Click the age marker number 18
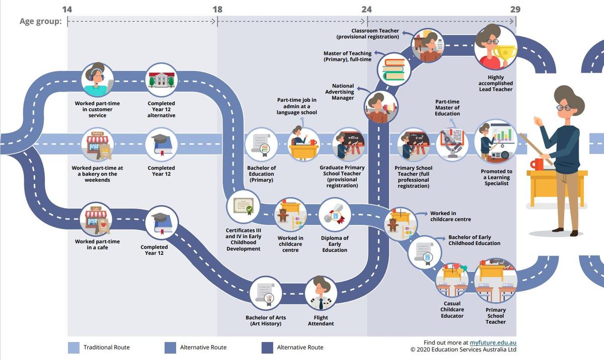(x=217, y=10)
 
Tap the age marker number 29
(x=515, y=10)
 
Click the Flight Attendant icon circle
(x=321, y=293)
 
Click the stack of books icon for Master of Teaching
(x=394, y=69)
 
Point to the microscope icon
(x=452, y=145)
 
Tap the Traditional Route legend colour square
(x=73, y=347)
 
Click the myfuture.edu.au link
(x=493, y=342)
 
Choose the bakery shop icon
(x=97, y=145)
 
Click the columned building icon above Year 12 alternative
(x=162, y=80)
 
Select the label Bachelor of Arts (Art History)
(x=266, y=320)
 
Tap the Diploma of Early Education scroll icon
(x=335, y=215)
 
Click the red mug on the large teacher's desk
(x=537, y=164)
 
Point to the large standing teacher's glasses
(x=564, y=107)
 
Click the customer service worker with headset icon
(x=97, y=80)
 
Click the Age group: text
(x=40, y=21)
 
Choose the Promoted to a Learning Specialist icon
(x=496, y=142)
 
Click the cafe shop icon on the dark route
(x=96, y=219)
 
